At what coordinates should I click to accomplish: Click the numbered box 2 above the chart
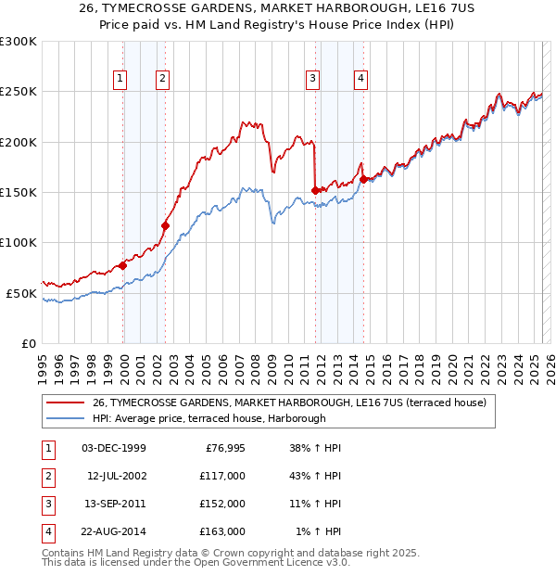point(162,80)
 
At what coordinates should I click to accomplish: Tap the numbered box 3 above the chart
point(313,80)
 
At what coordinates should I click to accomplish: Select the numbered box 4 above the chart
point(360,80)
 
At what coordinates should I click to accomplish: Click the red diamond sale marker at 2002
point(166,224)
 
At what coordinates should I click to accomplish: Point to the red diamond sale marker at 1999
point(123,265)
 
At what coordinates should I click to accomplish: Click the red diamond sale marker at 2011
point(316,190)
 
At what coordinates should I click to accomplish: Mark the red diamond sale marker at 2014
point(364,179)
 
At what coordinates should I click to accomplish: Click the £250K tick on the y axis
point(19,92)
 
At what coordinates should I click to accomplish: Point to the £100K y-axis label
point(19,242)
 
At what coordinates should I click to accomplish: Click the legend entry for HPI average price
point(208,418)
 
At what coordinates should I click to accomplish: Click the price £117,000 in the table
point(223,476)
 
